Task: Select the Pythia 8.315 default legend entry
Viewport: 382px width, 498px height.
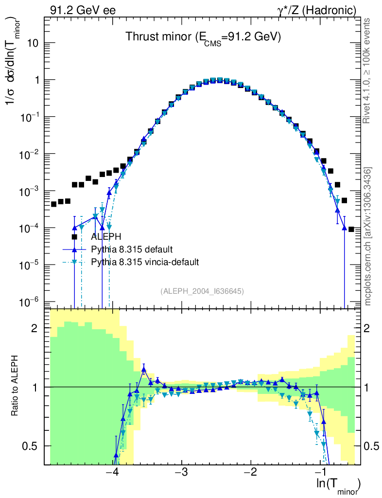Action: click(x=132, y=249)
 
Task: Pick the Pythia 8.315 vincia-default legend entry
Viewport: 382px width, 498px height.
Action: click(x=145, y=262)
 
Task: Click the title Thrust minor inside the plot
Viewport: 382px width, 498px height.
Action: click(x=203, y=37)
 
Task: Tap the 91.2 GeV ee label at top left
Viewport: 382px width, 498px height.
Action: click(x=83, y=10)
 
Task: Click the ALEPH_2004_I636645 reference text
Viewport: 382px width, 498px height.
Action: click(x=202, y=291)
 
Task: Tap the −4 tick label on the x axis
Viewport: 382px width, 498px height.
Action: click(x=112, y=473)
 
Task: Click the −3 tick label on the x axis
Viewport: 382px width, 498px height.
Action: click(x=181, y=473)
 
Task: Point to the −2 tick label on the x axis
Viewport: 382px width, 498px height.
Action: click(x=250, y=473)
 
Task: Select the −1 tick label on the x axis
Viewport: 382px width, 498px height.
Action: click(x=319, y=473)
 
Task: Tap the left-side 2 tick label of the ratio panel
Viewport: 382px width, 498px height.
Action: click(x=35, y=328)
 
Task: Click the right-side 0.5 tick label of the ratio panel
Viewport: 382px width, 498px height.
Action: click(x=373, y=446)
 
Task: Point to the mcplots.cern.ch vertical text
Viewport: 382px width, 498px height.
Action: click(x=368, y=236)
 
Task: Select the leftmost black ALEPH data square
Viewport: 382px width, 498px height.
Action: click(x=54, y=204)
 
